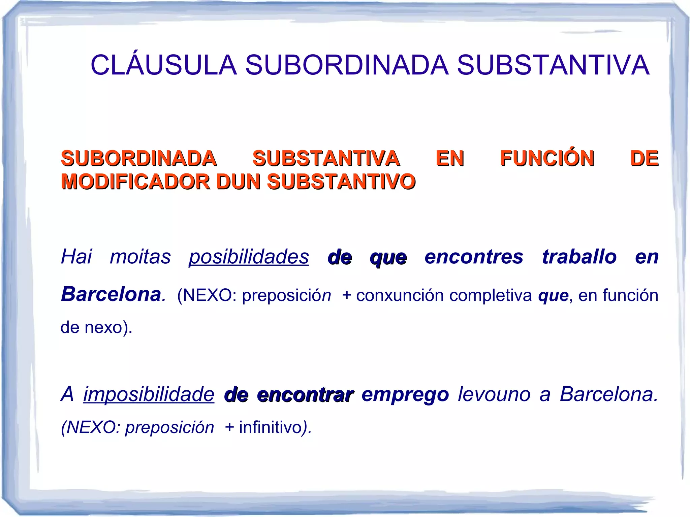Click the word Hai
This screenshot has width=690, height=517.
pos(76,257)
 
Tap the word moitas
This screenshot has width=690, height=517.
pos(140,257)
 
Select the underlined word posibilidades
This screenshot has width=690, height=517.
pos(249,257)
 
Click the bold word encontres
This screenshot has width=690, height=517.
pos(474,257)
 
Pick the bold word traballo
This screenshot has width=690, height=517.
pos(579,257)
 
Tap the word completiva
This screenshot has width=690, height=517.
pos(491,295)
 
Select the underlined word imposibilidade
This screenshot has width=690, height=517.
pos(149,394)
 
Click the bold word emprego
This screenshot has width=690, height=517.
pos(405,394)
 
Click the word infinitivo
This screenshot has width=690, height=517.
pos(270,427)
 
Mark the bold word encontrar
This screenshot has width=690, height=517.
pos(305,395)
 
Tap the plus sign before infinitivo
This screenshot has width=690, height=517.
pos(229,427)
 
